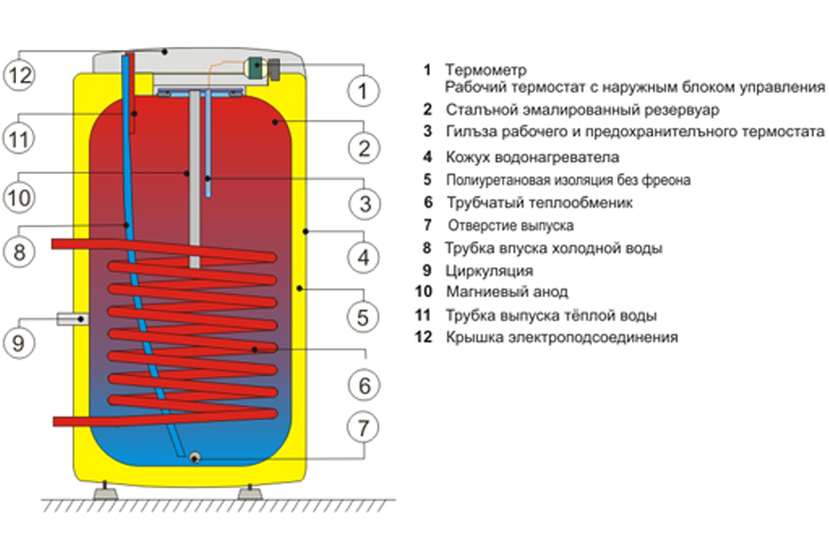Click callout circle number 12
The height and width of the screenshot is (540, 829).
[x=20, y=75]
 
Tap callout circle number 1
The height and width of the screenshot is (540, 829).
[x=364, y=91]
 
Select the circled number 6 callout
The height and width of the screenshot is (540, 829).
[x=365, y=385]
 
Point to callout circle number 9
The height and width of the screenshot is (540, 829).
[x=19, y=342]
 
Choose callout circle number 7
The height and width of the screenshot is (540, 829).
[x=364, y=427]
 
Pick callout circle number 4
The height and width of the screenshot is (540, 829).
[x=364, y=258]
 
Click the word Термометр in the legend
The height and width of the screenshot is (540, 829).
[x=485, y=70]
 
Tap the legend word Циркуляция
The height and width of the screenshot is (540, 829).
[x=489, y=271]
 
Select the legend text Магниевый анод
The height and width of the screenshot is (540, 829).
[x=507, y=291]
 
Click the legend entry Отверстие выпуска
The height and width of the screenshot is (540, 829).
[x=510, y=226]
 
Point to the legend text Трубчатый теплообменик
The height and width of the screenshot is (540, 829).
[x=539, y=203]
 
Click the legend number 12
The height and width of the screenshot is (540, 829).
[x=423, y=337]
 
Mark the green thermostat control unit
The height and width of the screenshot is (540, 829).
[x=256, y=69]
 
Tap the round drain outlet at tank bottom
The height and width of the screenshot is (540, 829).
[x=194, y=457]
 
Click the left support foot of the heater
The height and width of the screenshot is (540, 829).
[x=105, y=491]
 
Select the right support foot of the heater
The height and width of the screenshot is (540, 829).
[x=250, y=491]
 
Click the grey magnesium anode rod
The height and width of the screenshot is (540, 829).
[x=195, y=179]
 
